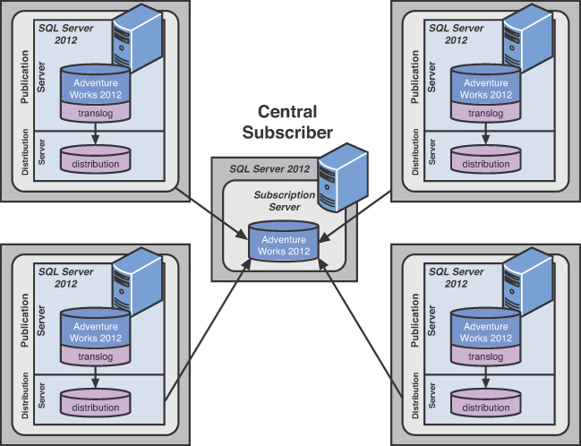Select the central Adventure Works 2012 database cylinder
[x=285, y=243]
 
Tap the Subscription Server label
[x=284, y=201]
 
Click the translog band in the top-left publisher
[x=96, y=112]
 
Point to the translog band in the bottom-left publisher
[x=96, y=356]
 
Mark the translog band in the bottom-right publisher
[x=485, y=356]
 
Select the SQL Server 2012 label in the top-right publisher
[x=457, y=33]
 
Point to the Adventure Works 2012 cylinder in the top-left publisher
[x=96, y=85]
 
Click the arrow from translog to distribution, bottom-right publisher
[x=485, y=377]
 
